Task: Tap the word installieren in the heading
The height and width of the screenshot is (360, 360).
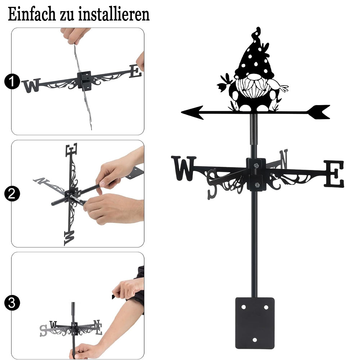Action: coord(114,14)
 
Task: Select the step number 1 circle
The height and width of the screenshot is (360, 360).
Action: coord(12,81)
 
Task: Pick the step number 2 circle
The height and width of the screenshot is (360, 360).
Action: coord(12,194)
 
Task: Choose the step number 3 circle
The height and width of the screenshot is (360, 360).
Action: coord(12,303)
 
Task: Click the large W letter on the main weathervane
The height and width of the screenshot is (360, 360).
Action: coord(184,168)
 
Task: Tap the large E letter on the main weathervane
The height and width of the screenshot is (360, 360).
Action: coord(334,174)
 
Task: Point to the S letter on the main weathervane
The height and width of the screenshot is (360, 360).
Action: coord(212,184)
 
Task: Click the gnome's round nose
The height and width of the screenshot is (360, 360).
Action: coord(255,77)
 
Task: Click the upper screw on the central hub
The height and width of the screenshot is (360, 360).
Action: coord(256,165)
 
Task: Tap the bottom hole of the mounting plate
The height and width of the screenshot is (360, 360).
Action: coord(255,340)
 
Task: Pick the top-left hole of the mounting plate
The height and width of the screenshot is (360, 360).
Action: coord(244,307)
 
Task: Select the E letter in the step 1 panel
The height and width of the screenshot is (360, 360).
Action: coord(135,71)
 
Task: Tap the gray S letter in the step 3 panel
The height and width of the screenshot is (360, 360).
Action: coord(44,331)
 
